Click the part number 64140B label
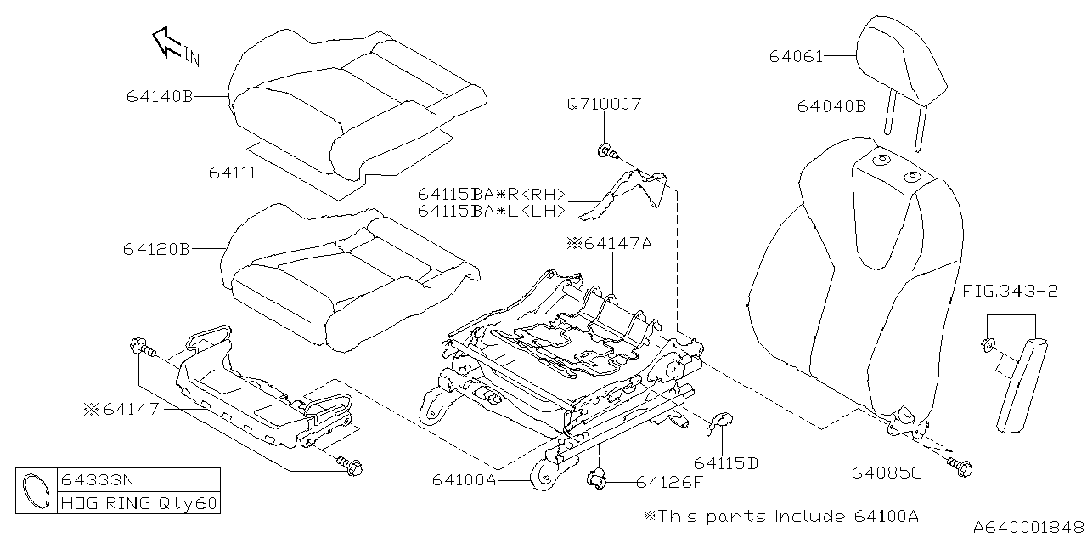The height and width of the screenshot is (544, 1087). coord(161,97)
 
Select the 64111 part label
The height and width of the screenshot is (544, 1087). coord(232,173)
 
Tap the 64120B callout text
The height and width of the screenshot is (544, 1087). coord(156,250)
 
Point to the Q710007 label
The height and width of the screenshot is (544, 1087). coord(604,104)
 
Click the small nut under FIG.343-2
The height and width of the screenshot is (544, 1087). coord(989,344)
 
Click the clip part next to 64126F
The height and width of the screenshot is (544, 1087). coord(598,481)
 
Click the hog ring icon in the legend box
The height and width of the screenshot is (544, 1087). coord(36,491)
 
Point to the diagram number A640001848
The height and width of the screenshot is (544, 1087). coord(1028,528)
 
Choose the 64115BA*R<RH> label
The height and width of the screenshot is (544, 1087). coord(491,193)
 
